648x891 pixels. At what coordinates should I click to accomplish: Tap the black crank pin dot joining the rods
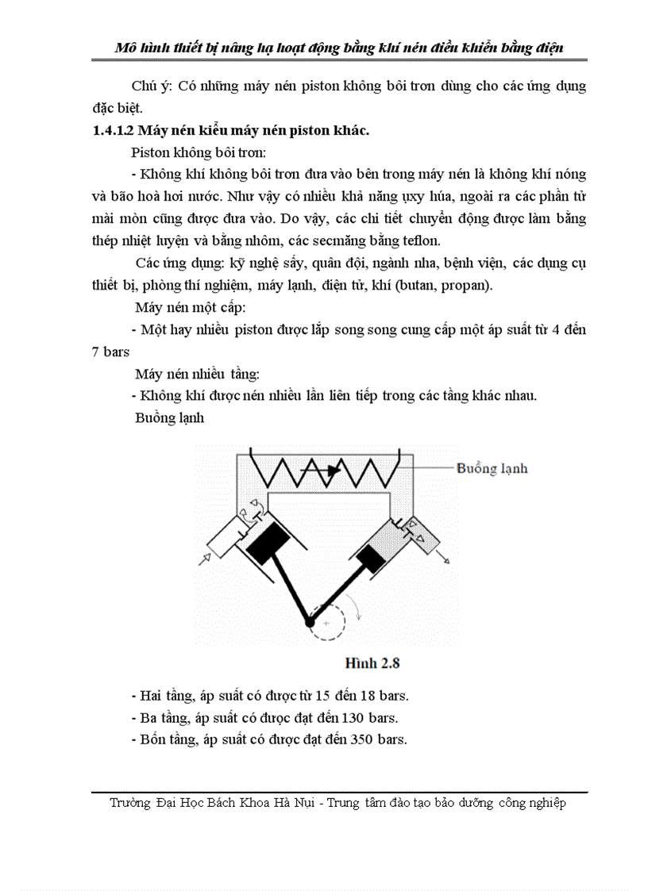coord(310,624)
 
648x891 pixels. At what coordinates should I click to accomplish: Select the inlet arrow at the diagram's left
coord(202,560)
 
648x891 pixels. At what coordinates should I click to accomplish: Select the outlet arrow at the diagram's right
coord(445,559)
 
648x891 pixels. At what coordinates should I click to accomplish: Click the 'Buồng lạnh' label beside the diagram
coord(492,468)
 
